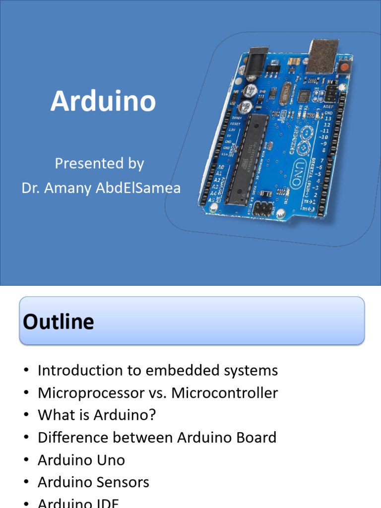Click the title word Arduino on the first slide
(x=103, y=101)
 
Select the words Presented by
(x=99, y=163)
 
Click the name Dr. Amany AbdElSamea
(x=101, y=188)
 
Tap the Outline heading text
(x=59, y=322)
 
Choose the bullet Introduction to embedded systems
(x=158, y=371)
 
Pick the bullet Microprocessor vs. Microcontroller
(x=158, y=393)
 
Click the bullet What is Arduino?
(x=97, y=415)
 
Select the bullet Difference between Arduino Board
(x=157, y=438)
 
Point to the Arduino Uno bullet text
(x=81, y=460)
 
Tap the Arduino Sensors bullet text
(x=93, y=482)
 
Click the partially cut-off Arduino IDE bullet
(x=78, y=503)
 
